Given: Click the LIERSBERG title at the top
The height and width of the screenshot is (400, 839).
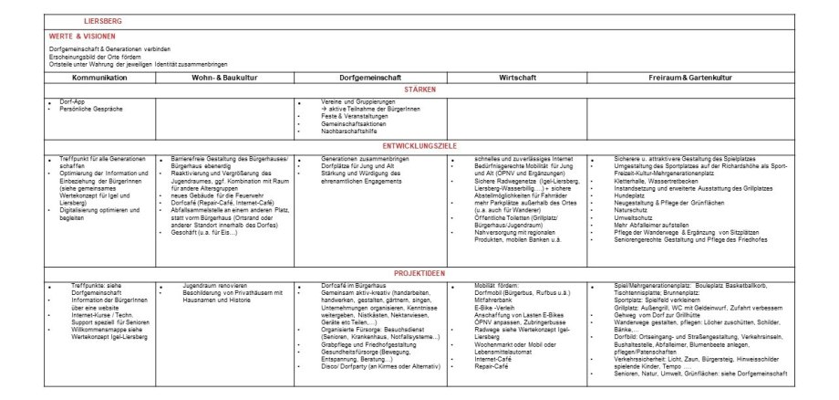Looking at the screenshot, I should click(x=101, y=20).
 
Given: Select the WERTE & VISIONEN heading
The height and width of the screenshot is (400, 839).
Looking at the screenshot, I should click(x=83, y=36).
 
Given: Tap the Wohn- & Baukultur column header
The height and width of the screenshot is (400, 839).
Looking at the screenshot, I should click(x=224, y=79).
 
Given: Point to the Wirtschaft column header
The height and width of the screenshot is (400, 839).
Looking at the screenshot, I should click(x=516, y=79).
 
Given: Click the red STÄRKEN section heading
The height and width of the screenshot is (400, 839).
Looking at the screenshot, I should click(x=419, y=89).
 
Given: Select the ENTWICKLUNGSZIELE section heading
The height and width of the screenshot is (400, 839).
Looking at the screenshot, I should click(x=419, y=146).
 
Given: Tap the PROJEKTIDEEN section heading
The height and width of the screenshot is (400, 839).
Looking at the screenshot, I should click(x=419, y=273).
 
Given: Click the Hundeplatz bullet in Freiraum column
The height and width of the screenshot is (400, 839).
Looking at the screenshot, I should click(x=630, y=195).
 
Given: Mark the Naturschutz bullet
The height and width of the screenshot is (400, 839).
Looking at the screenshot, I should click(x=632, y=208).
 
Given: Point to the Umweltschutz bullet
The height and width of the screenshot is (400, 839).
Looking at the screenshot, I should click(x=634, y=215).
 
